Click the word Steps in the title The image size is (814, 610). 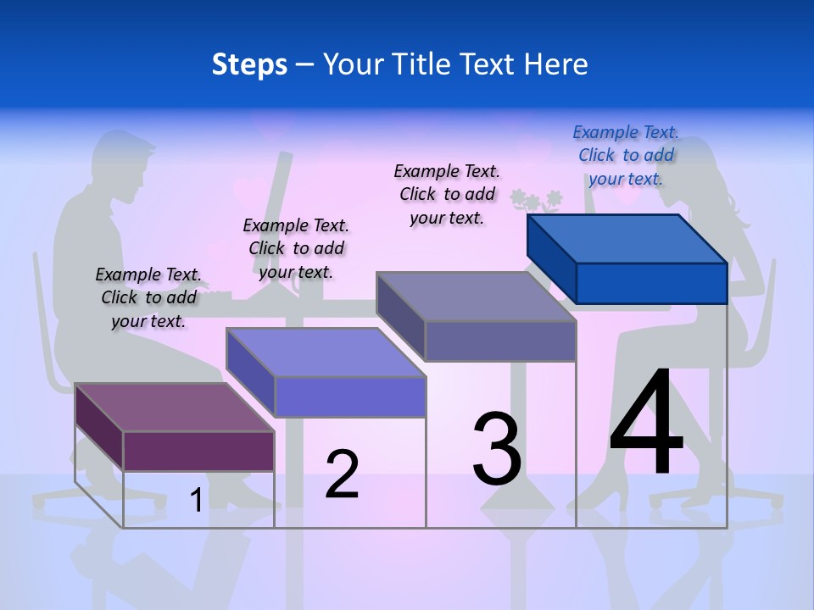point(249,64)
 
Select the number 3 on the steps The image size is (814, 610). point(497,449)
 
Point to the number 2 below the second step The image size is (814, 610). point(342,474)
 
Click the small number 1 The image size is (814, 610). point(196,501)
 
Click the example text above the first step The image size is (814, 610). point(148,297)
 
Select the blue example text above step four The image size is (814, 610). point(626,155)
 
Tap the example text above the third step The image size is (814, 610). point(447,194)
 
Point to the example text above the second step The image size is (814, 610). point(296,248)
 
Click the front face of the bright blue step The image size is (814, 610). point(651,283)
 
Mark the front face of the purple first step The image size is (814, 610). point(198,451)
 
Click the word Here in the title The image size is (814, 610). point(557,64)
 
